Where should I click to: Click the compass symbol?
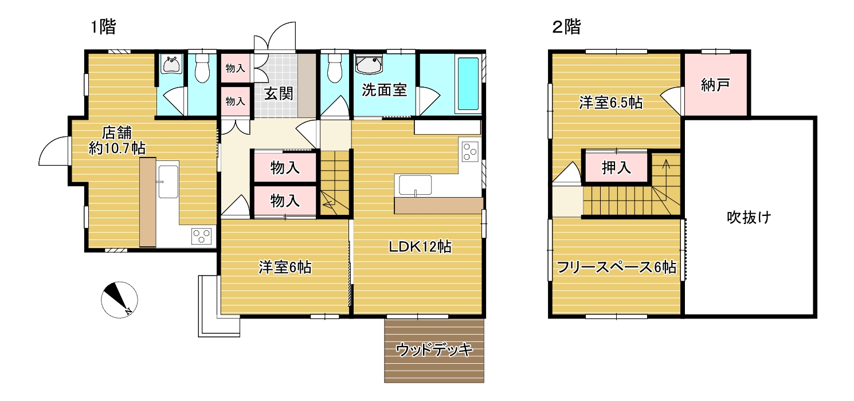119,300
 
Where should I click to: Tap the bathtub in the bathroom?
468,84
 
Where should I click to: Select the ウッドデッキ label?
434,349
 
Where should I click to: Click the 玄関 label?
279,93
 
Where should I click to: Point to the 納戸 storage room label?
715,85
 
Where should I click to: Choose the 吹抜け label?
749,217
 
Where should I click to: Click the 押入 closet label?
616,167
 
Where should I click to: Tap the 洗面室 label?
384,90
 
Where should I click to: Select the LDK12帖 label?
420,247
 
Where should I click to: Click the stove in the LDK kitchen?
470,151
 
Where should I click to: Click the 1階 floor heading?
103,27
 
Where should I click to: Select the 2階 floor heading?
566,27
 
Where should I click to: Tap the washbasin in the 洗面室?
369,64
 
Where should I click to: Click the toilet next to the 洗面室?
334,68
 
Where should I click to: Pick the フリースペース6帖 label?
617,268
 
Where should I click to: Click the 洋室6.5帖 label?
611,103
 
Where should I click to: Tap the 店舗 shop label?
117,133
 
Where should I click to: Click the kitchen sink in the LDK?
415,185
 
